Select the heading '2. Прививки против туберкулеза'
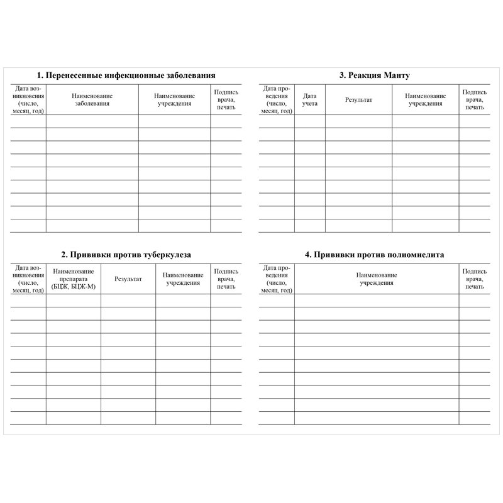pos(126,255)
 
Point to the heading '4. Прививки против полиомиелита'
pos(374,255)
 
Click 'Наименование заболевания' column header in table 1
pos(92,99)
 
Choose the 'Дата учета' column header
pos(310,99)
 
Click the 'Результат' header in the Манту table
pos(358,99)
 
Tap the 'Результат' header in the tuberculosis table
pos(128,278)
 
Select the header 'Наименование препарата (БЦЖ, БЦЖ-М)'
pos(73,278)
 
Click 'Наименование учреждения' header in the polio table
pos(377,279)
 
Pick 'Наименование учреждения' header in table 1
pos(174,99)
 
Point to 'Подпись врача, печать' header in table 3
pos(475,99)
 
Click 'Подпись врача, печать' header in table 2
pos(226,278)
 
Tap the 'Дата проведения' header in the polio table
pos(277,278)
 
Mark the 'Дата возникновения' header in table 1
pos(28,99)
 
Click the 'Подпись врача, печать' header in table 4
pos(475,278)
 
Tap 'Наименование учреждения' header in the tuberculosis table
pos(183,279)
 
